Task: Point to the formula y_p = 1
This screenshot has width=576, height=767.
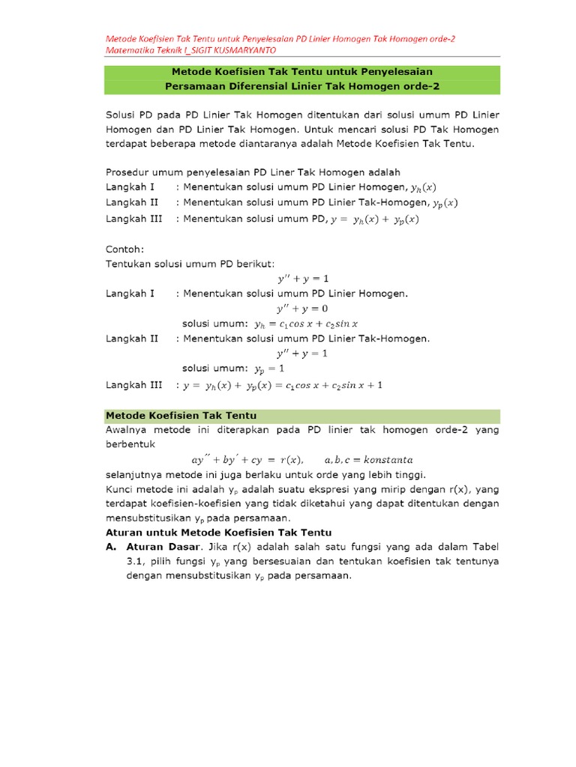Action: click(x=269, y=369)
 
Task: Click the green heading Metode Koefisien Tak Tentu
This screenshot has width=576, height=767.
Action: click(x=181, y=415)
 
